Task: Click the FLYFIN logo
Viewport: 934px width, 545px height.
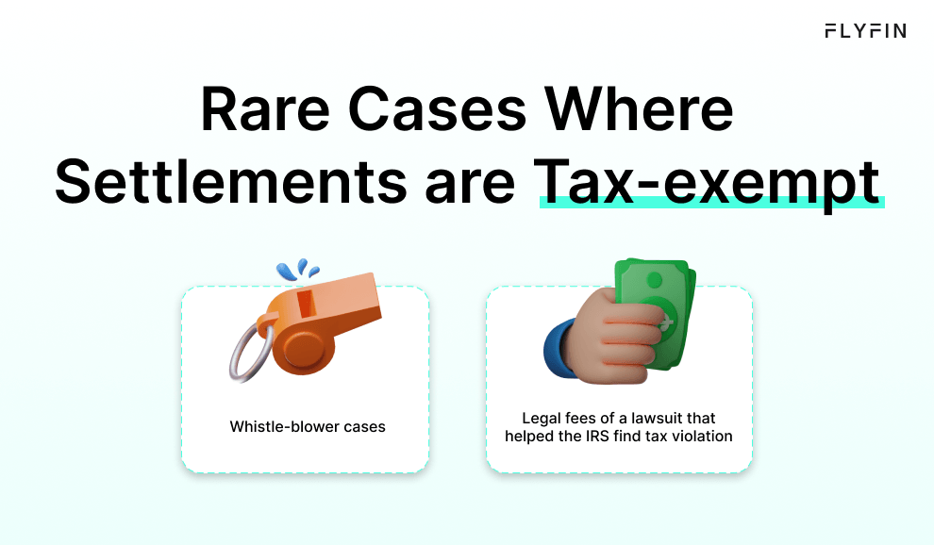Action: click(864, 31)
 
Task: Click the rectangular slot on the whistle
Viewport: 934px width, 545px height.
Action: click(306, 304)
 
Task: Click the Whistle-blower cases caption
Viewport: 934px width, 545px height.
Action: click(308, 427)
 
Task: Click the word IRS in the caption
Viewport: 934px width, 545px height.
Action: click(608, 437)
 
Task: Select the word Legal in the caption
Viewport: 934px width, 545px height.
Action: click(541, 418)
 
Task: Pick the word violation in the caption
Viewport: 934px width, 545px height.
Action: click(702, 437)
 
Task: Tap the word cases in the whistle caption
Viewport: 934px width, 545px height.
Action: click(365, 427)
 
